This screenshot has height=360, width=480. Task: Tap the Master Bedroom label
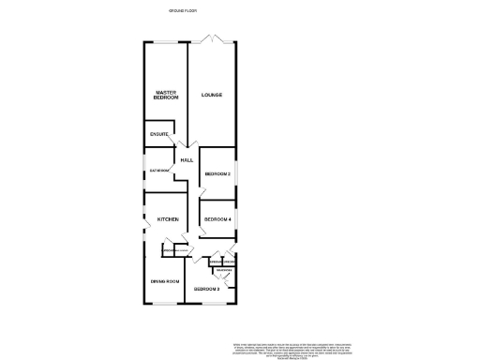pyautogui.click(x=165, y=96)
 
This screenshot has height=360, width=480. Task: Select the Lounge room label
pyautogui.click(x=211, y=95)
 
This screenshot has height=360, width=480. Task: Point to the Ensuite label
pyautogui.click(x=158, y=135)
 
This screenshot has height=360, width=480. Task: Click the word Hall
pyautogui.click(x=187, y=160)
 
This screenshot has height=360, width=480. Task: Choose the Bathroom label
pyautogui.click(x=157, y=171)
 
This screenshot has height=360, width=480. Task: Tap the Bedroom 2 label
pyautogui.click(x=218, y=174)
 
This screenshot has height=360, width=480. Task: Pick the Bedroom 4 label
pyautogui.click(x=218, y=218)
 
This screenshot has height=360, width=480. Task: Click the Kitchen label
pyautogui.click(x=168, y=218)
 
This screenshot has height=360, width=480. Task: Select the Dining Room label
pyautogui.click(x=165, y=281)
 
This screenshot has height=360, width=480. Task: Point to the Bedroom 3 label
pyautogui.click(x=207, y=290)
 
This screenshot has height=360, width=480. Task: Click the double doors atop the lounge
pyautogui.click(x=213, y=38)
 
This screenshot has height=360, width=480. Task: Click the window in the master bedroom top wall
pyautogui.click(x=165, y=42)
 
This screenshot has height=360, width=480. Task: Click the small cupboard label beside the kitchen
pyautogui.click(x=170, y=250)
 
